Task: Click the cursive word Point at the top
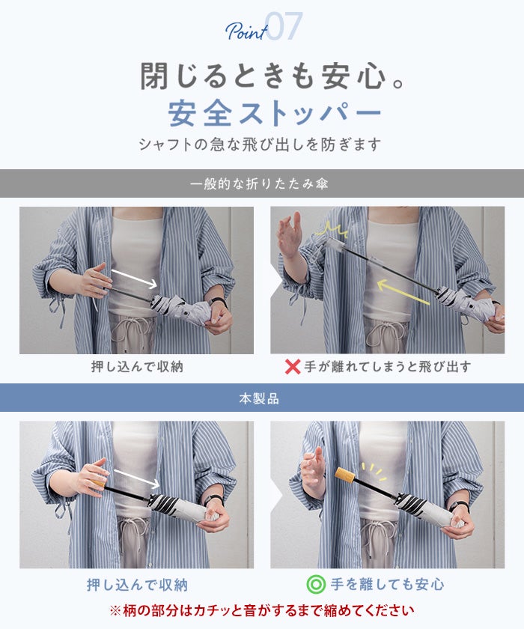(x=246, y=31)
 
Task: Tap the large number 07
(x=284, y=26)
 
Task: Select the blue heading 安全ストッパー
(x=275, y=114)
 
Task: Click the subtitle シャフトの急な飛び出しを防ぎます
(x=260, y=145)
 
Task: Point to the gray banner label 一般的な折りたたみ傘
(x=260, y=183)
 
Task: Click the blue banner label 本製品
(x=259, y=398)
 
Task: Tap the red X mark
(x=293, y=367)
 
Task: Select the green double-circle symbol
(x=316, y=584)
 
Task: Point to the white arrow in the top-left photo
(x=134, y=279)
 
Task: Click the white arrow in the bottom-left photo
(x=137, y=479)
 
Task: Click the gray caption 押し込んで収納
(x=137, y=367)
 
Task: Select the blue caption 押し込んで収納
(x=137, y=585)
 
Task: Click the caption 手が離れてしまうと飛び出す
(x=387, y=367)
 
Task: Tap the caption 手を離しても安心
(x=387, y=585)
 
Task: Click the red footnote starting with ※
(x=262, y=610)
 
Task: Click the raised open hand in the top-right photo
(x=290, y=236)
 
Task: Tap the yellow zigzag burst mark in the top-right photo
(x=331, y=230)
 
